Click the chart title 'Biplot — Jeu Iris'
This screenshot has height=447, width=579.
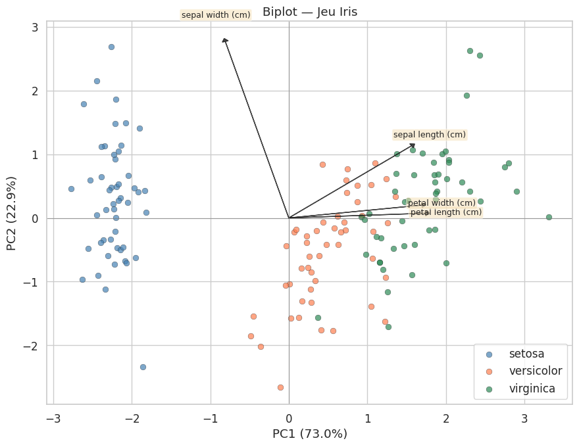[309, 11]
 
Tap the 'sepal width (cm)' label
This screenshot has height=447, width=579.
[216, 14]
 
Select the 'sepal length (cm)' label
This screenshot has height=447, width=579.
[430, 135]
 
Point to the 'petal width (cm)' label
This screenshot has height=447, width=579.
[441, 202]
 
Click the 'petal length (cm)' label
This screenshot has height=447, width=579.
[445, 212]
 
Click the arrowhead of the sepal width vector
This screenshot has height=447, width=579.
[225, 40]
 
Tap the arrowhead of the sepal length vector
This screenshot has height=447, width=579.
[413, 145]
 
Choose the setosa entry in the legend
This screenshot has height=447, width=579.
[527, 354]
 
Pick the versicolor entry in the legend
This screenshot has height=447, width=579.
[536, 371]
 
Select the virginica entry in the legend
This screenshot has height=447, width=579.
[533, 388]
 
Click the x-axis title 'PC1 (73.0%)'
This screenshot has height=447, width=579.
[309, 434]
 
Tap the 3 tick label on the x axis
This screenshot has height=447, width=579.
[524, 419]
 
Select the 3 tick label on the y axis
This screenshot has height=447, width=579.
[33, 27]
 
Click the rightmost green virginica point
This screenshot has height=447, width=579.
[549, 217]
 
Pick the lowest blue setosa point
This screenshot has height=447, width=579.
[143, 367]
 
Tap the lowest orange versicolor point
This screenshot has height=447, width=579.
[280, 387]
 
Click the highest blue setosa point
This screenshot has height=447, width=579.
[111, 47]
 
